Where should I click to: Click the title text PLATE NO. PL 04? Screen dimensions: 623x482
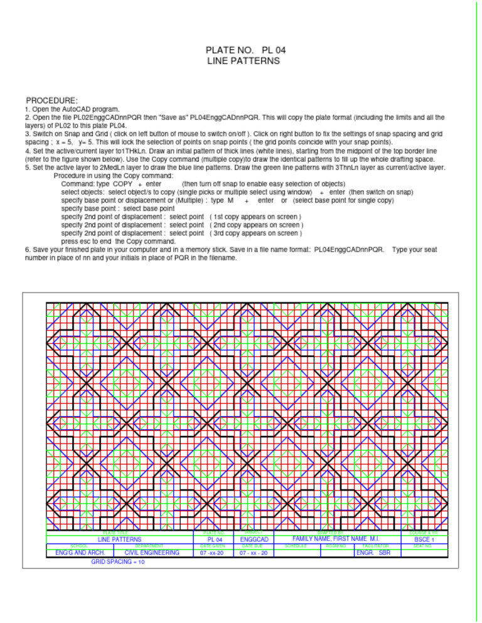click(x=242, y=50)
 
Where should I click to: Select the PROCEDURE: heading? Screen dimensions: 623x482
click(x=51, y=100)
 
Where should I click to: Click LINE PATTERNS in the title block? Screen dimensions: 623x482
click(x=119, y=539)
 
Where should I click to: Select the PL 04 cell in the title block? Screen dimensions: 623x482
click(x=215, y=539)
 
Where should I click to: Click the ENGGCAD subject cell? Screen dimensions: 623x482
click(x=254, y=539)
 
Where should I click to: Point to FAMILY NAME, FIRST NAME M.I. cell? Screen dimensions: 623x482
click(x=336, y=539)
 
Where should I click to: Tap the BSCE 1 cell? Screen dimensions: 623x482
click(x=424, y=540)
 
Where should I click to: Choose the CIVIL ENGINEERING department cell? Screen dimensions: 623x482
click(x=152, y=553)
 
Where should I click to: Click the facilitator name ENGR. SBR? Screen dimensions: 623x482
click(x=373, y=553)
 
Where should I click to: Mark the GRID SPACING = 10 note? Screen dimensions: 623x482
click(x=118, y=563)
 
